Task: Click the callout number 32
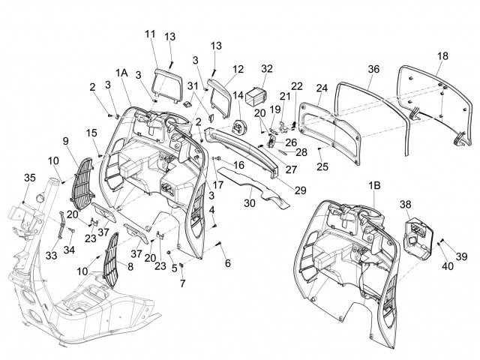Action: [x=267, y=70]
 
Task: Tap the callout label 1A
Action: [x=122, y=72]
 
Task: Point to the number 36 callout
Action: [x=374, y=70]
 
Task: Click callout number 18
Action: [x=443, y=56]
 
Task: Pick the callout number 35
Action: [x=29, y=178]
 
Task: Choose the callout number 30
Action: [x=247, y=202]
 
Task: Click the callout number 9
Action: [x=65, y=139]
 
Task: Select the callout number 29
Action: [x=300, y=190]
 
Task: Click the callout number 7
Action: [x=181, y=282]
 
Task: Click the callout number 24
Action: [x=322, y=88]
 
